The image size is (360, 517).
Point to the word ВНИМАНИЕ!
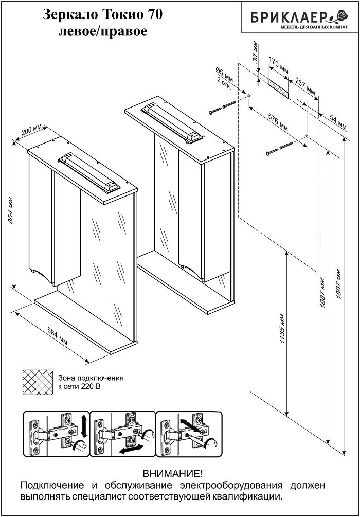[x=172, y=473]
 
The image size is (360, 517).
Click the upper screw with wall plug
[x=222, y=108]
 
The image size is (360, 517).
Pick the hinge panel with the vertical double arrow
[x=56, y=433]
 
